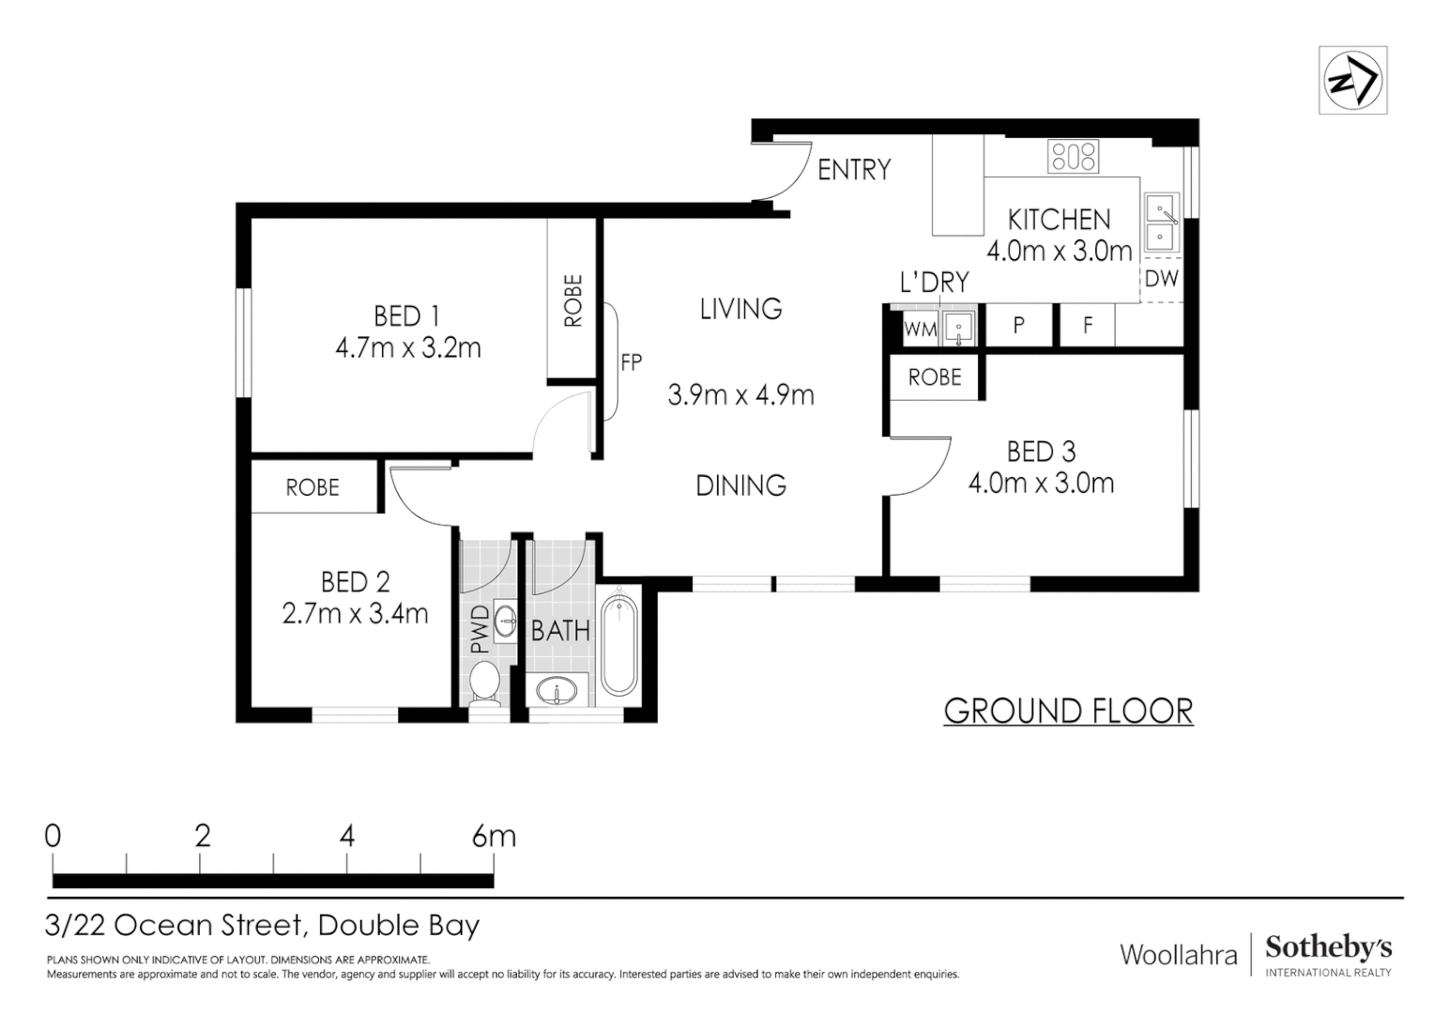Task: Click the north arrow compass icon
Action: pyautogui.click(x=1352, y=81)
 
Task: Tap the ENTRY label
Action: pyautogui.click(x=853, y=170)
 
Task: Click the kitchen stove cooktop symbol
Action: pyautogui.click(x=1074, y=156)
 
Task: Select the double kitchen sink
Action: pyautogui.click(x=1161, y=223)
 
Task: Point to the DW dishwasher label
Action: pyautogui.click(x=1161, y=279)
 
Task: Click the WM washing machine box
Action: pyautogui.click(x=920, y=330)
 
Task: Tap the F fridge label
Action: pyautogui.click(x=1088, y=326)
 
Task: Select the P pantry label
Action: pyautogui.click(x=1018, y=326)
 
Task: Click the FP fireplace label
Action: pyautogui.click(x=631, y=361)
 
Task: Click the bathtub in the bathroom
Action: pyautogui.click(x=618, y=643)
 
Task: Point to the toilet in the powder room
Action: pyautogui.click(x=485, y=683)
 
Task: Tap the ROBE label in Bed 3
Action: pyautogui.click(x=935, y=377)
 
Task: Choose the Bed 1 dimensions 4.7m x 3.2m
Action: pyautogui.click(x=407, y=348)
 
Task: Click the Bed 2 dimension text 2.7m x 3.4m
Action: pyautogui.click(x=355, y=614)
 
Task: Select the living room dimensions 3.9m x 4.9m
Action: pyautogui.click(x=740, y=395)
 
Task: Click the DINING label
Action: pyautogui.click(x=740, y=485)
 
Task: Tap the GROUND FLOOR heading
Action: pyautogui.click(x=1068, y=712)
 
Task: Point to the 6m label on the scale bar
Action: pyautogui.click(x=494, y=836)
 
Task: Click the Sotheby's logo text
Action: pyautogui.click(x=1328, y=947)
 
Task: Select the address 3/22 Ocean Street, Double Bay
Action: pyautogui.click(x=263, y=926)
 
